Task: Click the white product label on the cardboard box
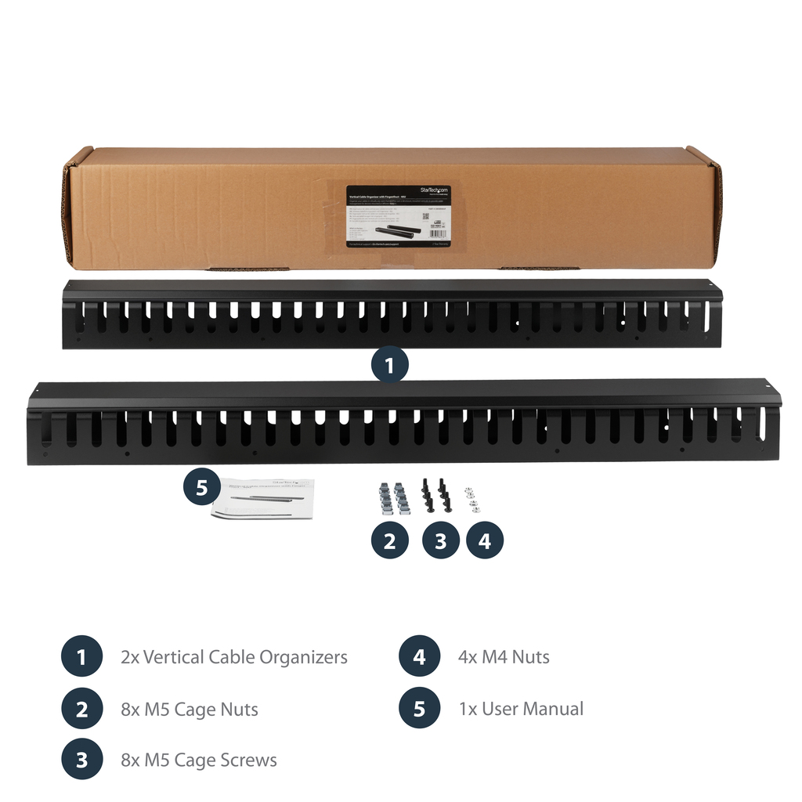(x=398, y=218)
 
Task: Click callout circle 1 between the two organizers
(x=389, y=364)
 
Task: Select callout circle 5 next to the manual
(x=202, y=487)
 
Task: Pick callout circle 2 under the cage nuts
(x=389, y=540)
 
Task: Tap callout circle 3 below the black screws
(x=440, y=540)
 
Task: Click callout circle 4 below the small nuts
(x=485, y=540)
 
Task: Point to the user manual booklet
(x=262, y=498)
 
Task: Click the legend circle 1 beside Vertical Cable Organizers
(x=81, y=657)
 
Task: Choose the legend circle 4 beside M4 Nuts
(x=419, y=657)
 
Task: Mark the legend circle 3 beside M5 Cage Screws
(x=81, y=760)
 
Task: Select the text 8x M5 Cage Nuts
(x=190, y=710)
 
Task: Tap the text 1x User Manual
(x=521, y=709)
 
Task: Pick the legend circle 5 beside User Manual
(x=419, y=709)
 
